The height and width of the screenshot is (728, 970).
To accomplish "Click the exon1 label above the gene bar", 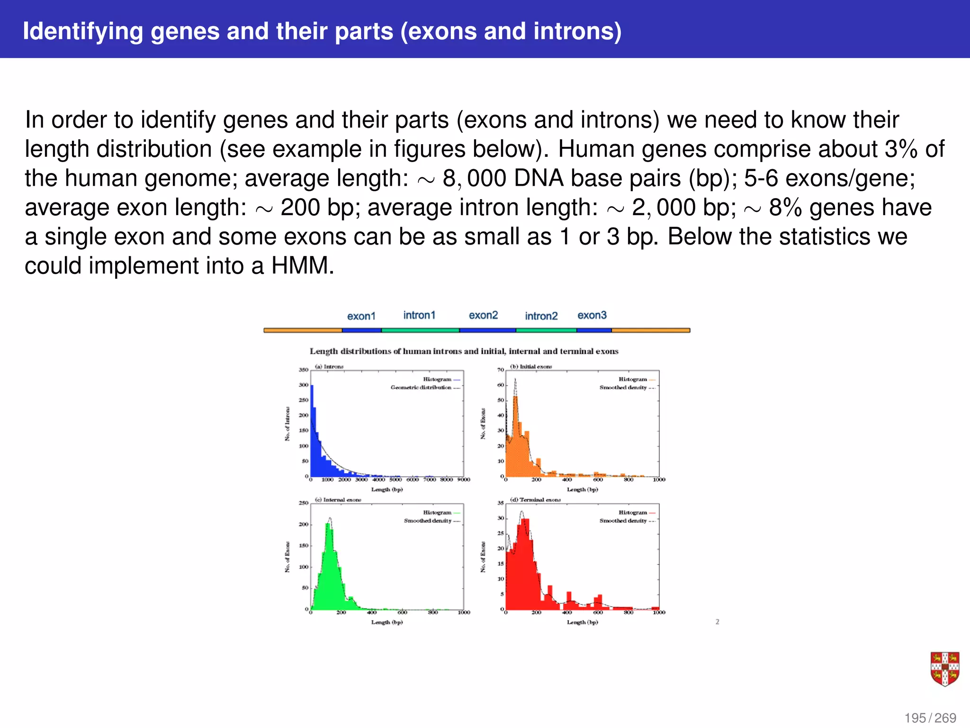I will (x=361, y=316).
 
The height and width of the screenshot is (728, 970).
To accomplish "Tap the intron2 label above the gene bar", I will (x=541, y=316).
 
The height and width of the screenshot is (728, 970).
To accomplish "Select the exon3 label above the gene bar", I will (x=592, y=315).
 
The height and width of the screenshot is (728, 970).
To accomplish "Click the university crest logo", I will (x=944, y=669).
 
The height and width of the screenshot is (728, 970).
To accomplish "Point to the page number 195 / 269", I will (x=930, y=718).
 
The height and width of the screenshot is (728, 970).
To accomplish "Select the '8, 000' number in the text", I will (x=474, y=179).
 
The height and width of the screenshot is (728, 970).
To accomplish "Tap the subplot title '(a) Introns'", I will (x=329, y=366).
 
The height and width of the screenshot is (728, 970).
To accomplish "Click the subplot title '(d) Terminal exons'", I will (x=535, y=500).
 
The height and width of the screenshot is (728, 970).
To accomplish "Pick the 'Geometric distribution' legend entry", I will (x=421, y=387).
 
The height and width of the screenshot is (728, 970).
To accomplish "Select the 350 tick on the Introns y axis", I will (x=303, y=370).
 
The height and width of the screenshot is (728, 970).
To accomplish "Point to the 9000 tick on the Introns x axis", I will (x=463, y=480).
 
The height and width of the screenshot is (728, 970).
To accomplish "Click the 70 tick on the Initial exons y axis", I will (x=500, y=370).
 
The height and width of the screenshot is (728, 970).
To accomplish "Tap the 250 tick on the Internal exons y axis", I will (x=303, y=503).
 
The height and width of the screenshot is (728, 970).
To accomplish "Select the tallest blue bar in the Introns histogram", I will (x=312, y=429).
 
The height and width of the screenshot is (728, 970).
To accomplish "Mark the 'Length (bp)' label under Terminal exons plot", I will (x=582, y=622).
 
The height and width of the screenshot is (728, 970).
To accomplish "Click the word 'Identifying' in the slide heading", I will (x=83, y=31).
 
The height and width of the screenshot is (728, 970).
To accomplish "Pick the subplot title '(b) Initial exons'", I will (x=531, y=366).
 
